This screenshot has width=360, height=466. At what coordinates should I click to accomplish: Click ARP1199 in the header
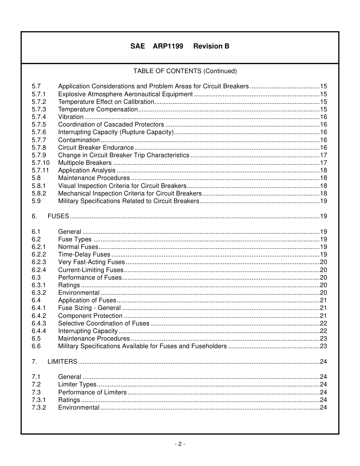(168, 46)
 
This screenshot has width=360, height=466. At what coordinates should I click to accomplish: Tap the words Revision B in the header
(211, 46)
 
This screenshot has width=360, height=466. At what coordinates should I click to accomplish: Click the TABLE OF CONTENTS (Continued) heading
(185, 71)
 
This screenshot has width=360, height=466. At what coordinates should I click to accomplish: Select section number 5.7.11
(40, 170)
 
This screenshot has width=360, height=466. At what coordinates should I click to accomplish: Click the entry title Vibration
(70, 117)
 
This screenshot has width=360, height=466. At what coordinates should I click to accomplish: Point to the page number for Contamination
(323, 140)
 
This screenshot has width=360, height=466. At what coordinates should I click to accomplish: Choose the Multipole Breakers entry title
(85, 163)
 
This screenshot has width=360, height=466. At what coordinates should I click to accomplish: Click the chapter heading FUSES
(58, 216)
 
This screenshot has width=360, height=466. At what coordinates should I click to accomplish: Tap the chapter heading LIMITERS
(62, 362)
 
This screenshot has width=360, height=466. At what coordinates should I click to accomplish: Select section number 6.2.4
(39, 270)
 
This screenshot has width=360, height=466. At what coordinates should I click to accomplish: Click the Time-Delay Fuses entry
(84, 255)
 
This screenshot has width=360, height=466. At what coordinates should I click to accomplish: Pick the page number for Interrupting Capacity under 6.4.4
(323, 331)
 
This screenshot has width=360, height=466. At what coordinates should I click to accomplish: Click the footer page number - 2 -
(180, 444)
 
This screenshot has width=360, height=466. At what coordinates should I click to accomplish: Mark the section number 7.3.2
(39, 408)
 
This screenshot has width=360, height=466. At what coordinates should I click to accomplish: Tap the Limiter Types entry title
(77, 385)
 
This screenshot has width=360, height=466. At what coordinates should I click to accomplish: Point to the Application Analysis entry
(87, 170)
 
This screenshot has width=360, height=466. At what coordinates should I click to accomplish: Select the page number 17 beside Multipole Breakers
(323, 163)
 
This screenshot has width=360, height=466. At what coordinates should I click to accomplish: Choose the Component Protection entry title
(90, 316)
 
